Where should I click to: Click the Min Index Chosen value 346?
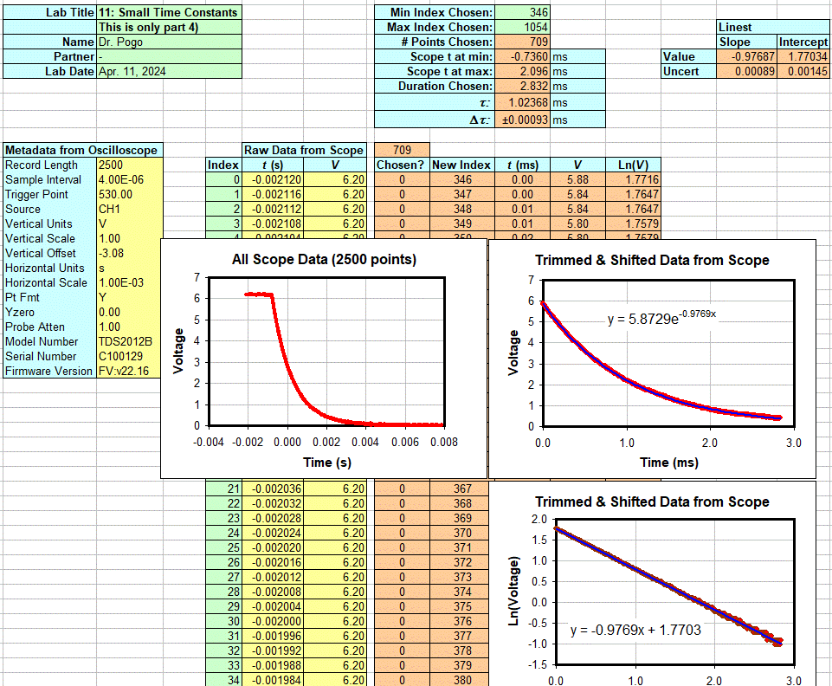coord(536,12)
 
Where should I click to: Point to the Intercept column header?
coord(803,42)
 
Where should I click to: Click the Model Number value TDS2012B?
coord(123,341)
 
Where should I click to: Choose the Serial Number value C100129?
coord(121,356)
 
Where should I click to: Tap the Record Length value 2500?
coord(111,165)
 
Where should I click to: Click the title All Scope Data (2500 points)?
coord(324,259)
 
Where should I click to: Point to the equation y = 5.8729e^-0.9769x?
coord(661,318)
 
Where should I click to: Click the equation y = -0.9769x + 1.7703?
coord(635,630)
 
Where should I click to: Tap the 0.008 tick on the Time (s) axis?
coord(444,442)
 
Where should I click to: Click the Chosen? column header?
coord(401,165)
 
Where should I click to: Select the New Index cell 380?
coord(462,680)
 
